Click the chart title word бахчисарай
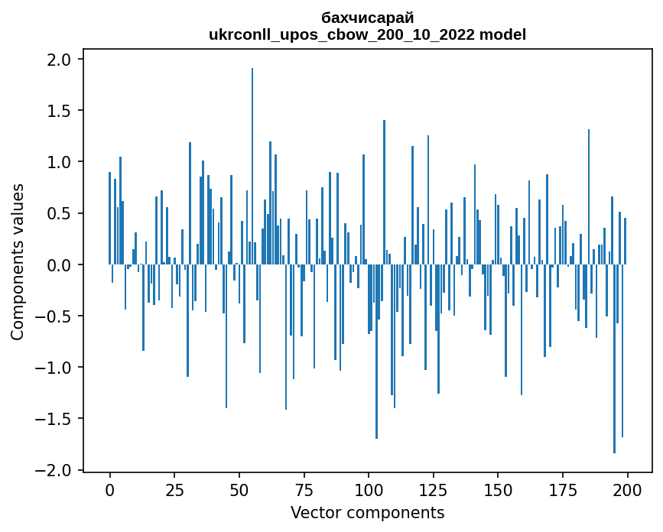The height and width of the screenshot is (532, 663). coord(368,18)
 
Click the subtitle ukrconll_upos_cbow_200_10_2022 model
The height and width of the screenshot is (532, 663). coord(368,34)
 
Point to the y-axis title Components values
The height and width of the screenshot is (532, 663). coord(18,261)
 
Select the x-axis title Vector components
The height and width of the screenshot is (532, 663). coord(367,512)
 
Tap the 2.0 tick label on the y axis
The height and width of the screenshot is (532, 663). coord(59,60)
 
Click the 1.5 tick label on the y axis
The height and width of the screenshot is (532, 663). coord(59,111)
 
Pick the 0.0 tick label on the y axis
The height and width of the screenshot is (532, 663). coord(59,265)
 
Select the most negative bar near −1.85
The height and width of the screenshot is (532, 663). coord(615,359)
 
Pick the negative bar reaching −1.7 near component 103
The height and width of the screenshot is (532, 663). coord(376,352)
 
